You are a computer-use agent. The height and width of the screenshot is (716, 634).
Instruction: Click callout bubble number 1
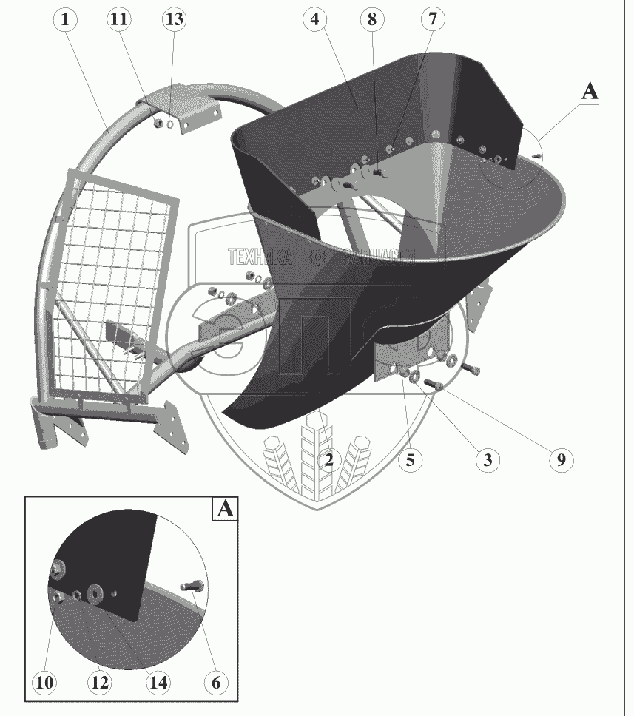click(65, 20)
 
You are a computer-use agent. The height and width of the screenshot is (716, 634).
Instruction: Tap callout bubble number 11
click(118, 20)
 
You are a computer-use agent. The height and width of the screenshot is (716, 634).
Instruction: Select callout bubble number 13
click(173, 20)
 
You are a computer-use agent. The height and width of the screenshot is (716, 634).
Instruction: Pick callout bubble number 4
click(315, 20)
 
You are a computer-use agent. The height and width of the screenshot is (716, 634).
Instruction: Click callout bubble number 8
click(372, 20)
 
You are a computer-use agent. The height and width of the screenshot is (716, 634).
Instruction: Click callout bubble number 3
click(487, 460)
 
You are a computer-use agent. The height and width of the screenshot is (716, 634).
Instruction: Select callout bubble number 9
click(561, 460)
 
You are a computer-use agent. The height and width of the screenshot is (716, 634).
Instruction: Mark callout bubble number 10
click(45, 683)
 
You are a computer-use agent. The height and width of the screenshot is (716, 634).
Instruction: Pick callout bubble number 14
click(158, 683)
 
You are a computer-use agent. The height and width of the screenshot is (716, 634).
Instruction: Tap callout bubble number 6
click(216, 683)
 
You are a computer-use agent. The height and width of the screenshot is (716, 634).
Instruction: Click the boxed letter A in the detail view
click(226, 510)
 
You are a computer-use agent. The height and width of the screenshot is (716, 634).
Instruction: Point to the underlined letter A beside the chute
click(590, 92)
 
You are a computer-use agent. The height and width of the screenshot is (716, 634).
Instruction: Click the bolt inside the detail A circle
click(190, 587)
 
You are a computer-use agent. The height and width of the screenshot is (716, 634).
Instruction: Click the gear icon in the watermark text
click(319, 257)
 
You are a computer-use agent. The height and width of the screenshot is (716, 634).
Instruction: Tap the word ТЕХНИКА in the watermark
click(260, 257)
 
